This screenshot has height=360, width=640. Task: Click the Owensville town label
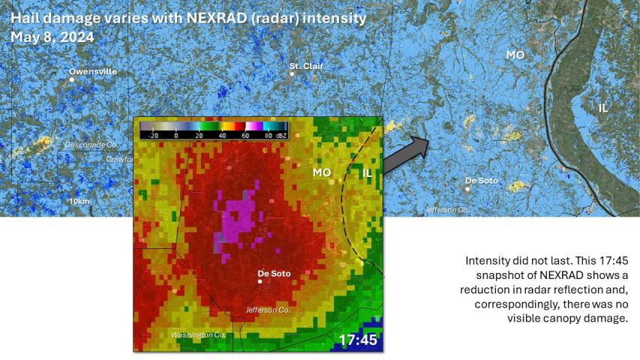pos(93,71)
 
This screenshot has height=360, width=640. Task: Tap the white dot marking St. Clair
pos(292,73)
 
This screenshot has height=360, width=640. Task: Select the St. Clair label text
pos(305,66)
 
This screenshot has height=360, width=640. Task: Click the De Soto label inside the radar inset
pos(274,273)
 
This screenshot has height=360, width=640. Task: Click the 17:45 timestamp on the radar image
pos(357,340)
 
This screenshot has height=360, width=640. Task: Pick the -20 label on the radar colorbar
pos(153,136)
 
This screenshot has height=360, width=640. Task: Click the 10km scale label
pos(79,202)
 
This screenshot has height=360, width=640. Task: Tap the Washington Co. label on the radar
pos(198,334)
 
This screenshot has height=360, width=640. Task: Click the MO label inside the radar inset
pos(322,172)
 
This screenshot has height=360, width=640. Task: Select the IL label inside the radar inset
pos(367,172)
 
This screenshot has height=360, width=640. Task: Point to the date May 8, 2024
pos(47,36)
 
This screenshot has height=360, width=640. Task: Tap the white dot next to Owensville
pos(72,79)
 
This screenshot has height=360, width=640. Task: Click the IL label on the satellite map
pos(603,108)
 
